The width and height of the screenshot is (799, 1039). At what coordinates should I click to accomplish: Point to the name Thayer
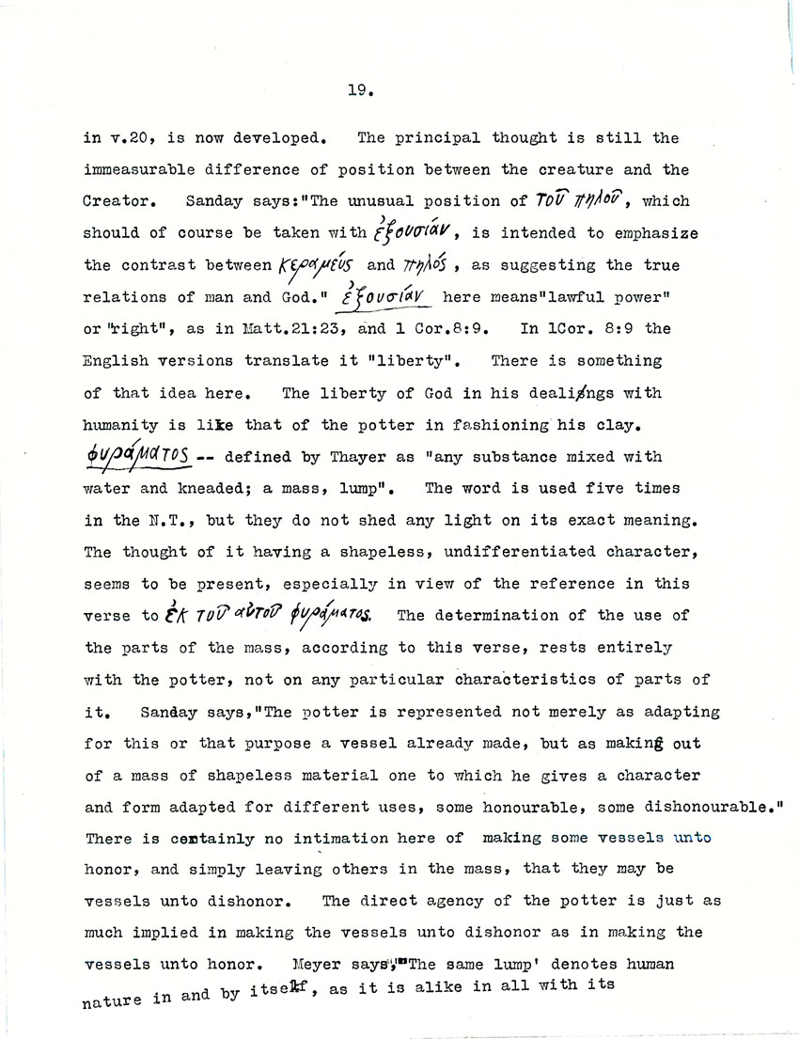340,457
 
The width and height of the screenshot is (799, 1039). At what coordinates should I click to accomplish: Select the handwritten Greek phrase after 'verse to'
277,617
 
